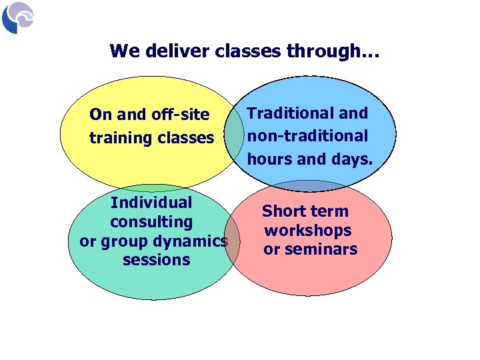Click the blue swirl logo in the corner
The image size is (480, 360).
[17, 17]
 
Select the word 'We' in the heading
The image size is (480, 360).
[122, 51]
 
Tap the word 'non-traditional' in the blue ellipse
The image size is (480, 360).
[307, 136]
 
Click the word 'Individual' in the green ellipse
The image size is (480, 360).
[151, 202]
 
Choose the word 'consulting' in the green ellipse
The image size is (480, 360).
[151, 221]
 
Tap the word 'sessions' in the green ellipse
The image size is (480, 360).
[156, 260]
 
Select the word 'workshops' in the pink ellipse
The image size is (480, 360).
[307, 231]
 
